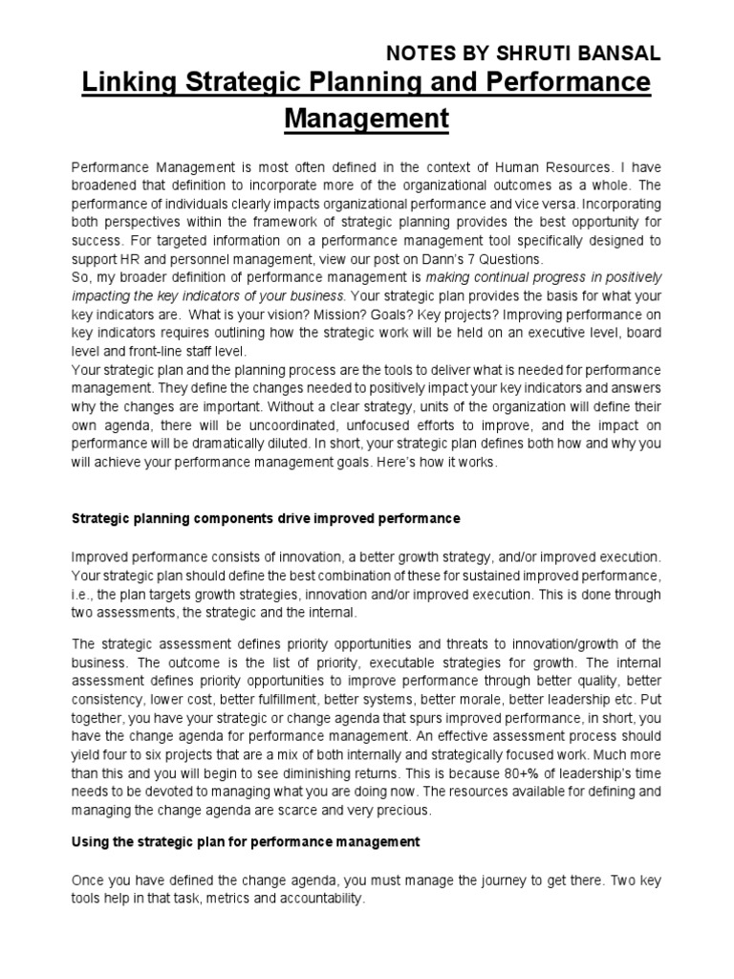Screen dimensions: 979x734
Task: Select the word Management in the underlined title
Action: tap(367, 120)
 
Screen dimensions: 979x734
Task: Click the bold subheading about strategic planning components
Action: tap(267, 518)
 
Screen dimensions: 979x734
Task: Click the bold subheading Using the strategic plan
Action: tap(246, 842)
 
